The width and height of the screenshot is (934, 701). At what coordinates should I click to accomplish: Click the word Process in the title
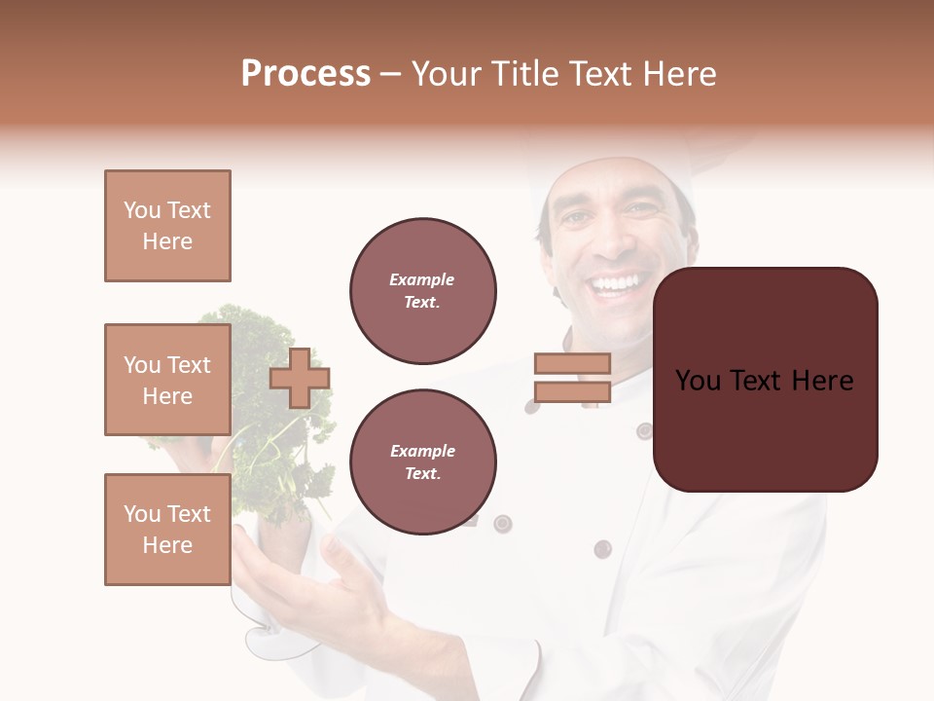click(305, 74)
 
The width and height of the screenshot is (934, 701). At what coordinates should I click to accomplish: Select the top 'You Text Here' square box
click(167, 226)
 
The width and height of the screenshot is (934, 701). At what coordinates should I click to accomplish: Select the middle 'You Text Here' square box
click(167, 380)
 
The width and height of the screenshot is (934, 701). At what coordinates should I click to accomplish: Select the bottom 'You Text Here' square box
click(167, 530)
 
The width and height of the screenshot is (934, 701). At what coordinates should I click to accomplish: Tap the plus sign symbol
click(300, 379)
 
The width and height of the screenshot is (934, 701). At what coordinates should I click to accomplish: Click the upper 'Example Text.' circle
click(422, 291)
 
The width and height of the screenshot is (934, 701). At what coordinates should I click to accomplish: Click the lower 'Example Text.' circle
click(422, 462)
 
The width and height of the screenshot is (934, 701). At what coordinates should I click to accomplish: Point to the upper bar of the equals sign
click(572, 363)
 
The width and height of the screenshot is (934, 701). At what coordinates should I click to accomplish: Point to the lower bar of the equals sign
click(572, 392)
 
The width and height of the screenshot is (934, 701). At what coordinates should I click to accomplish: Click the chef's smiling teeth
click(617, 284)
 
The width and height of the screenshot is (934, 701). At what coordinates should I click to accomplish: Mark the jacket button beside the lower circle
click(502, 524)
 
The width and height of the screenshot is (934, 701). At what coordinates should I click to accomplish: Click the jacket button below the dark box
click(602, 548)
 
